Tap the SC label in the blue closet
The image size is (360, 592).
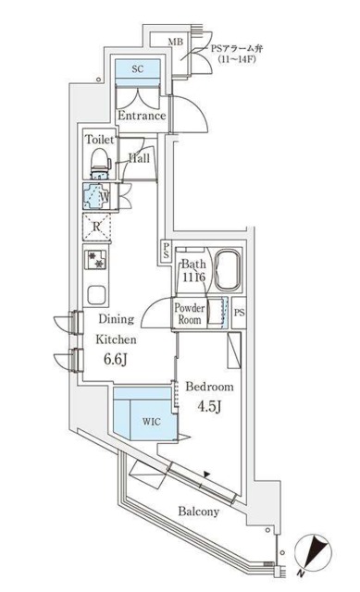click(137, 69)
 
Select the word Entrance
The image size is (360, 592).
click(141, 117)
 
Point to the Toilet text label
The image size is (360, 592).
click(100, 140)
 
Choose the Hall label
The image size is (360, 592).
click(140, 157)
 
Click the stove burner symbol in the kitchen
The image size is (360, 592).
click(97, 261)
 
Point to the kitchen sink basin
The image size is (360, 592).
click(97, 294)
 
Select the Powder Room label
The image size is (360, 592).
click(191, 314)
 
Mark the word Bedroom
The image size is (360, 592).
click(209, 386)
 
